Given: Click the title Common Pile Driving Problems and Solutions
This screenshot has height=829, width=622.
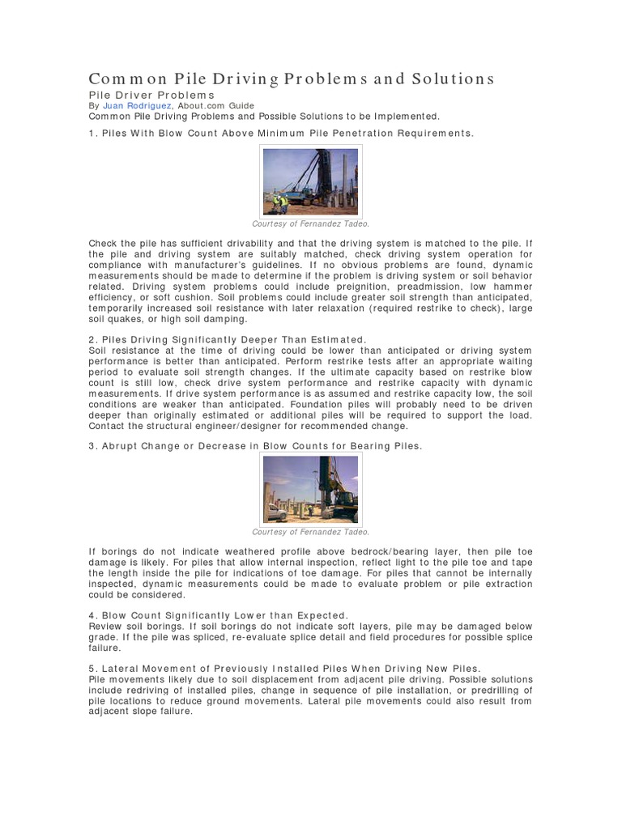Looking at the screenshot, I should coord(291,79).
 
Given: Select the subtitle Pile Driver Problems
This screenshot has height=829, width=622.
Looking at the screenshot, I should coord(151,95).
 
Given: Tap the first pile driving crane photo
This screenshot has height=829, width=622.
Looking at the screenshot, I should coord(310,181).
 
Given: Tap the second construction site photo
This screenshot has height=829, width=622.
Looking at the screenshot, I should coord(310,488).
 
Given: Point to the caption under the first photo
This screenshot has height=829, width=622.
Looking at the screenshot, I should coord(310,223).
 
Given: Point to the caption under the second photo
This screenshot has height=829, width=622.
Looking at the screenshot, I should coord(310,532).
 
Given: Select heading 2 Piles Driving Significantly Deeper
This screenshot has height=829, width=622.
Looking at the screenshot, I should coord(228,338).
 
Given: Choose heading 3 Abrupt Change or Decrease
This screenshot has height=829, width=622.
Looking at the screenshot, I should coord(255,446).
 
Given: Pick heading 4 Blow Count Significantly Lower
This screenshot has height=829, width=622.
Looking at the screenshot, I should coord(219,615).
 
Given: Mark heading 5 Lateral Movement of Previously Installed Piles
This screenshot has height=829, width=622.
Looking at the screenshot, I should coord(284,668).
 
